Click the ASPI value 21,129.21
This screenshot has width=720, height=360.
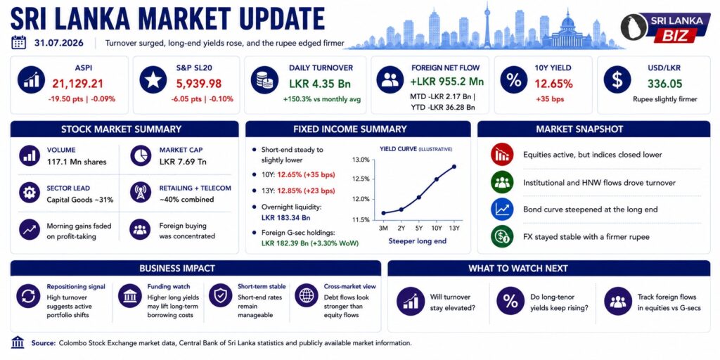(77, 84)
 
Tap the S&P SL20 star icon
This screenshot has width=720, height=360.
(153, 80)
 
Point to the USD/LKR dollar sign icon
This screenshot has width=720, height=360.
(617, 80)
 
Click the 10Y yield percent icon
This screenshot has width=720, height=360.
(513, 80)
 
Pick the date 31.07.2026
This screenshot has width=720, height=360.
(59, 43)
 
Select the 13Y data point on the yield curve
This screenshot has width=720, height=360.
(454, 166)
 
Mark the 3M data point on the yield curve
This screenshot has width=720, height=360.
(383, 213)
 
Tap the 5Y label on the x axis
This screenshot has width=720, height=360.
(419, 229)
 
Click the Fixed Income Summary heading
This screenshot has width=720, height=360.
(350, 129)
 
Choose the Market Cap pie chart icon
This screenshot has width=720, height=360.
(141, 155)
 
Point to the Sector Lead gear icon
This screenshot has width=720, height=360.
(30, 193)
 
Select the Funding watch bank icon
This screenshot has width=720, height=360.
(129, 296)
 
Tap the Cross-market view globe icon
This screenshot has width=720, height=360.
(307, 296)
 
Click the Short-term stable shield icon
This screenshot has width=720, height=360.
(220, 296)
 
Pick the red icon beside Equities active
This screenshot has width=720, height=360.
(502, 155)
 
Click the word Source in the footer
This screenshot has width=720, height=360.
(43, 343)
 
